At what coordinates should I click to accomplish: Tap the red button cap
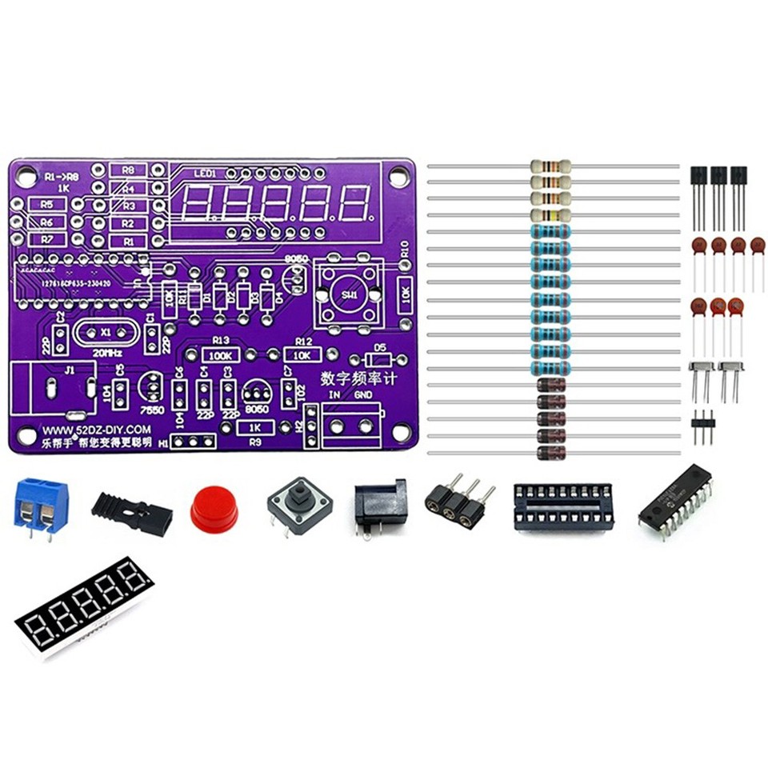(214, 510)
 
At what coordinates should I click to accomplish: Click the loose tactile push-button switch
(299, 509)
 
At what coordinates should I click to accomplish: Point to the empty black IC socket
(563, 506)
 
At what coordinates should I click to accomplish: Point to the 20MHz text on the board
(109, 352)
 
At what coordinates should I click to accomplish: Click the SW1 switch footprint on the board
(349, 294)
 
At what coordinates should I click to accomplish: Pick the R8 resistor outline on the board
(128, 170)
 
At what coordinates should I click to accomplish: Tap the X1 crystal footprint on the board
(106, 331)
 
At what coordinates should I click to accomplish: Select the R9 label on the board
(256, 441)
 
